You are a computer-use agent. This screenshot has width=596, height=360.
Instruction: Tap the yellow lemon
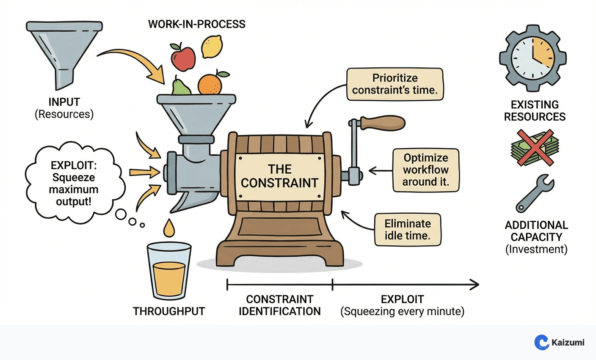pos(212,47)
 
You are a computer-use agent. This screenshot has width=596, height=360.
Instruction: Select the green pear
pos(181,87)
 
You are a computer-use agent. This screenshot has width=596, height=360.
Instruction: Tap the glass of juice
pos(169,271)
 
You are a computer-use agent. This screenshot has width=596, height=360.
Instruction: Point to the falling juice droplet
pos(169,228)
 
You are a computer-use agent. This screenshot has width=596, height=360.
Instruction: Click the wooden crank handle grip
pos(383,123)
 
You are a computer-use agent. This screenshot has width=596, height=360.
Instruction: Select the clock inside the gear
pos(533,58)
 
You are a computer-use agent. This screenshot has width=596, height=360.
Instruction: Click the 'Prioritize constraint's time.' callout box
pos(395,84)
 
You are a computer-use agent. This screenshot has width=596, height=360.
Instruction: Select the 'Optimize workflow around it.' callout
pos(425,170)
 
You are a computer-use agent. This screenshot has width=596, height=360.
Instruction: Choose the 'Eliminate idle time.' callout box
pos(408,230)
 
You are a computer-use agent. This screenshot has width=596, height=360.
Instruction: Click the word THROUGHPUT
pos(169,311)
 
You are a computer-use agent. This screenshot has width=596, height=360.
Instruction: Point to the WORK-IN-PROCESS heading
pos(196,24)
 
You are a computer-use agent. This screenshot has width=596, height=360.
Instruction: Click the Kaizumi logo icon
pos(541,342)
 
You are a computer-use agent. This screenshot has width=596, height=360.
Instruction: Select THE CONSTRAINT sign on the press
pos(279,176)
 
